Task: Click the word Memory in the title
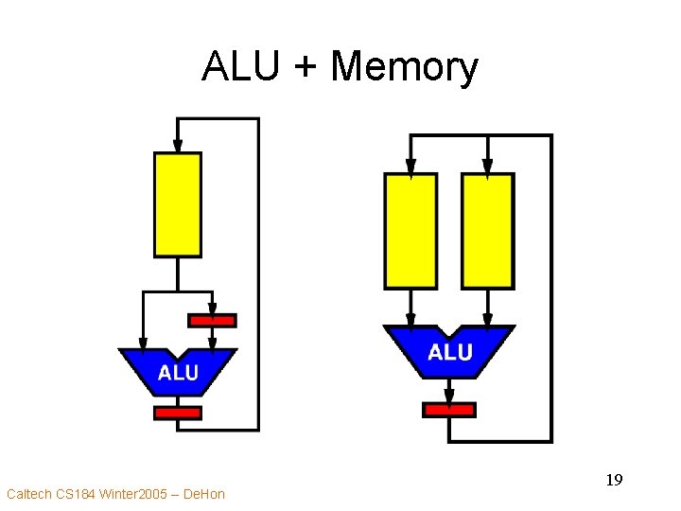405,68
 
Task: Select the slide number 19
614,481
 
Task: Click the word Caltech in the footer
28,494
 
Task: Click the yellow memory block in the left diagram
178,204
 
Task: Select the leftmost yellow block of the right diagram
410,231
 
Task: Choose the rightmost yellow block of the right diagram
488,231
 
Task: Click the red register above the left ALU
212,321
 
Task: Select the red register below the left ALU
178,413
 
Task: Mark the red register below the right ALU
449,410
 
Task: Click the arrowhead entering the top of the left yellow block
178,145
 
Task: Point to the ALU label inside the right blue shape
449,353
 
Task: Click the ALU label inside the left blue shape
178,373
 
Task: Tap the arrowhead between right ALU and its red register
449,394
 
